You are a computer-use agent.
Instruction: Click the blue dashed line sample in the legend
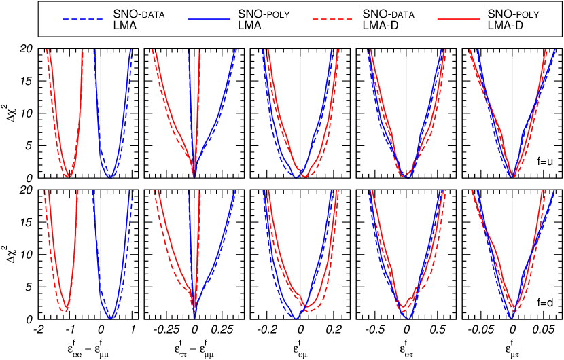coord(82,19)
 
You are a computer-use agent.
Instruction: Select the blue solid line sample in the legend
coord(209,19)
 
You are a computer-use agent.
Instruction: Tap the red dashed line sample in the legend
coord(332,19)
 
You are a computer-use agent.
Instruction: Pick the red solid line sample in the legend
coord(458,19)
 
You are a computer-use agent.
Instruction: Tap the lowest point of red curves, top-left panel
coord(68,177)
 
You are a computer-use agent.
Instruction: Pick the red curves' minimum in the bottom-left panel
coord(65,311)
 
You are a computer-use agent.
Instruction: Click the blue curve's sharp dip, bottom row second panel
coord(194,318)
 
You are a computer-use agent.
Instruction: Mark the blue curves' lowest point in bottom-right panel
coord(512,317)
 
